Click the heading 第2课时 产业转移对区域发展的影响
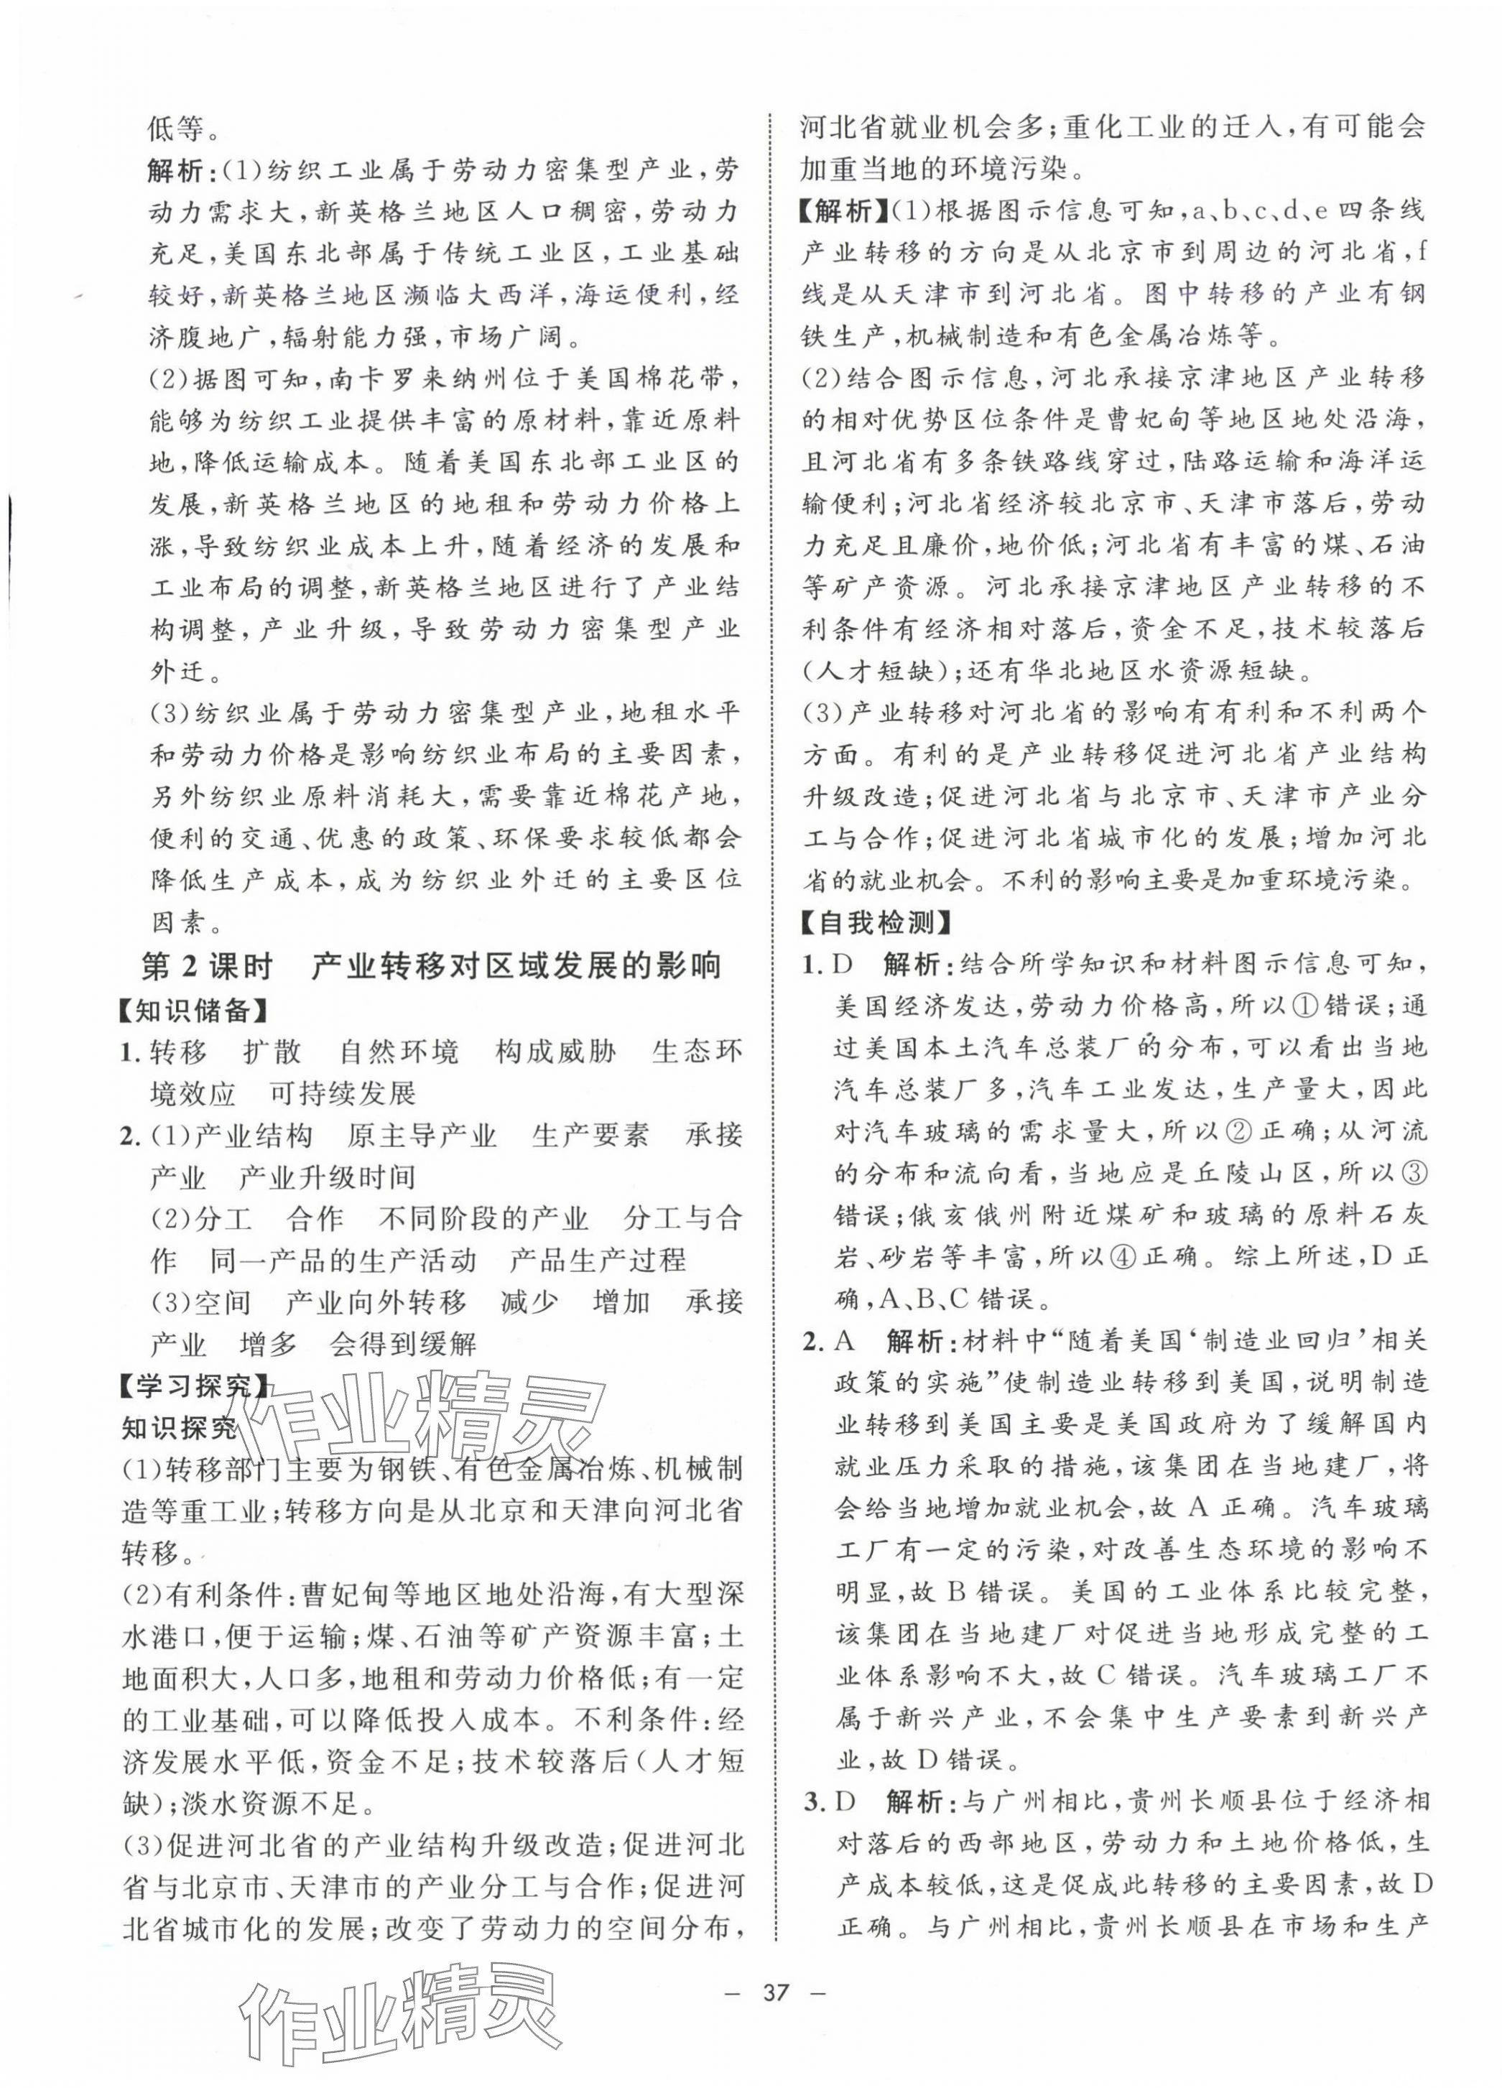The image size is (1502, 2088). click(x=431, y=966)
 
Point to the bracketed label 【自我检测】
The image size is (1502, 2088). click(x=876, y=922)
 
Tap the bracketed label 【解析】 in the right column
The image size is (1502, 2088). click(x=840, y=211)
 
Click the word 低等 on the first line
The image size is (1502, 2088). click(x=177, y=128)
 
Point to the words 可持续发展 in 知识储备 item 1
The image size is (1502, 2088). click(x=343, y=1092)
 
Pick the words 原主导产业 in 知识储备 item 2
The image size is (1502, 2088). click(x=422, y=1135)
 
